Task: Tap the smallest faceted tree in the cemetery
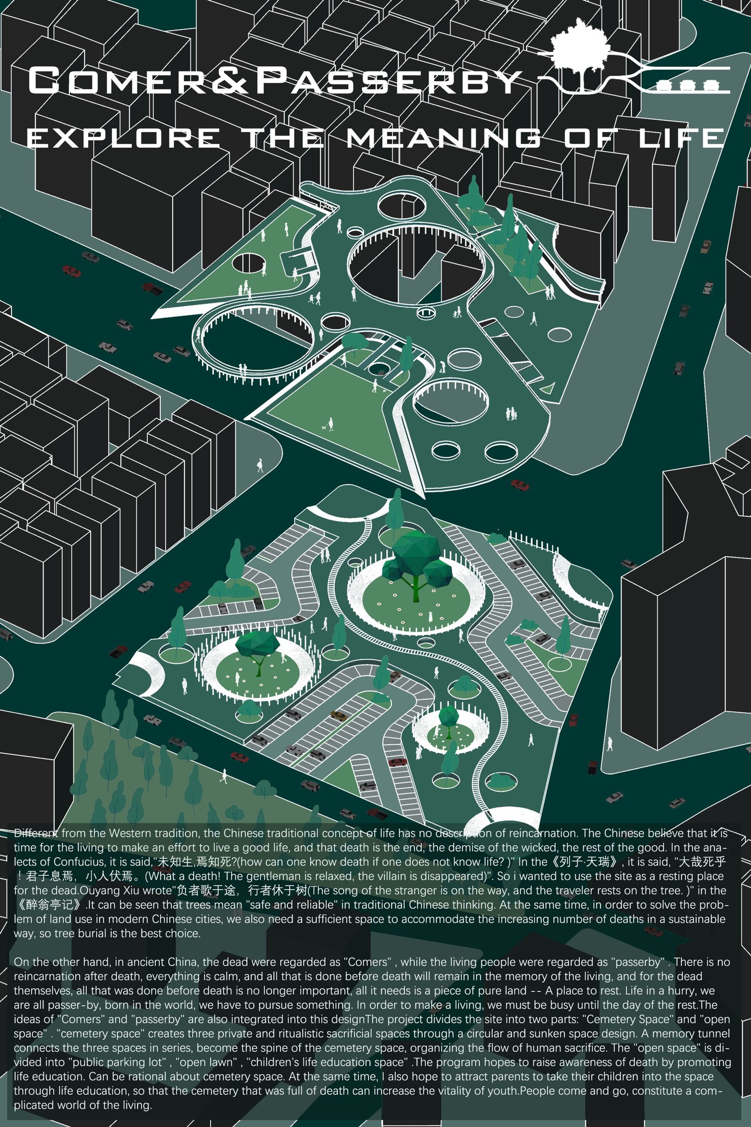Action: click(448, 718)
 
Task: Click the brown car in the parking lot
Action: click(339, 715)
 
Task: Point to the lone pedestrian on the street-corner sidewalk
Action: click(259, 465)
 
